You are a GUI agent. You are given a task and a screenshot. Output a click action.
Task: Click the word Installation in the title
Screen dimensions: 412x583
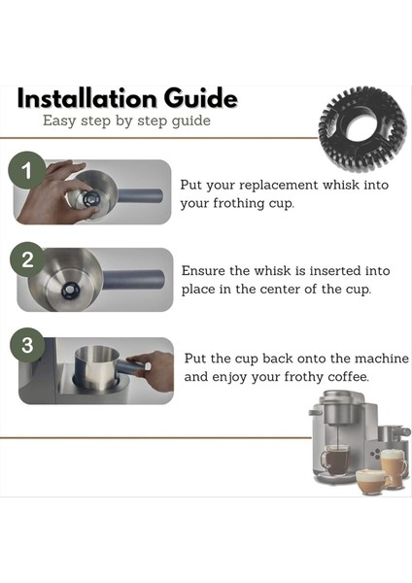(x=87, y=98)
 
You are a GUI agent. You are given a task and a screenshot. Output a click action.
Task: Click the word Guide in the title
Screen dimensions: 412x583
(x=201, y=98)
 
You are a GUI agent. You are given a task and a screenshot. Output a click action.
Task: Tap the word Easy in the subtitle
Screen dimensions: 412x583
(x=59, y=121)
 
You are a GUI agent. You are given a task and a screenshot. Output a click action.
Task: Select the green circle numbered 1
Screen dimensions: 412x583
(x=27, y=170)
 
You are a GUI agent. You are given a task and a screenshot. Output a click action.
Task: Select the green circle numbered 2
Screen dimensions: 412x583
(x=28, y=259)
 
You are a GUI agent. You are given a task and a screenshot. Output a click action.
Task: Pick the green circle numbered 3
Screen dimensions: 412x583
(x=27, y=345)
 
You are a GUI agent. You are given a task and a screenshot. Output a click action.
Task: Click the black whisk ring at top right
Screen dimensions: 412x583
(x=362, y=128)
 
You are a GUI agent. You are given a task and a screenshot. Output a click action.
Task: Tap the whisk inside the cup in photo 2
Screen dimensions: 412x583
(x=70, y=290)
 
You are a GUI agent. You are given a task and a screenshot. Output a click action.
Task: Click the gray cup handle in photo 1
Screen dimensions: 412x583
(x=140, y=195)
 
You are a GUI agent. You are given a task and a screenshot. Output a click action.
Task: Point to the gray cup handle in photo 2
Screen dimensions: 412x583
(x=133, y=281)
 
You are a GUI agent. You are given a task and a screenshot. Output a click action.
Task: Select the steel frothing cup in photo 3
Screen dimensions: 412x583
(x=97, y=368)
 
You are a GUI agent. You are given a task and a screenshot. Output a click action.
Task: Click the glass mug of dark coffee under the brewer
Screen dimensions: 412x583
(x=335, y=460)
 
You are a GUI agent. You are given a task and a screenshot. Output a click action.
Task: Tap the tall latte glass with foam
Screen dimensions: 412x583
(x=394, y=467)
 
